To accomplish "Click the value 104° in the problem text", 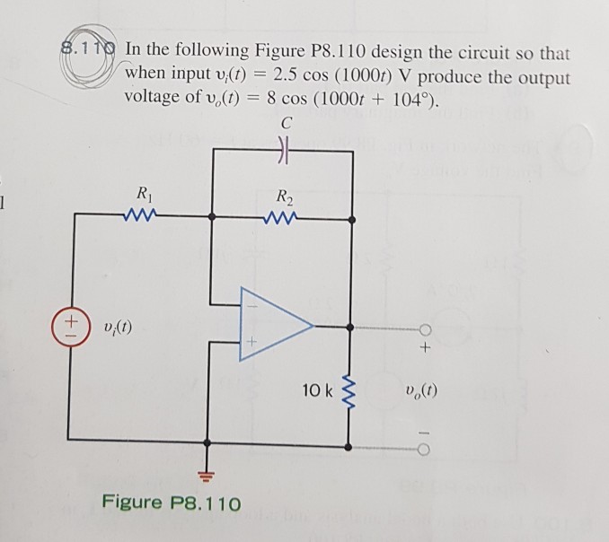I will pyautogui.click(x=415, y=102).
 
